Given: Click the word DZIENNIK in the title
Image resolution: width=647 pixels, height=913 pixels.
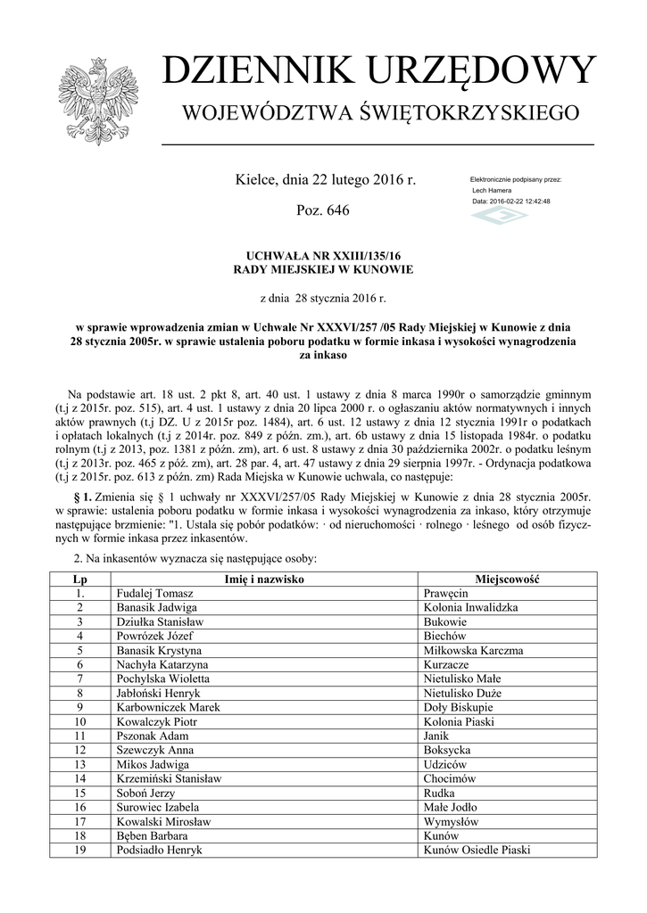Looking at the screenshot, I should coord(253,71).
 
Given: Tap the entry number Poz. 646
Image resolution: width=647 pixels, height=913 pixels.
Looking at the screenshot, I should coord(322,210).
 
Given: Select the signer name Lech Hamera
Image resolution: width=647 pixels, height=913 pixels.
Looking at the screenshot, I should coord(492,191).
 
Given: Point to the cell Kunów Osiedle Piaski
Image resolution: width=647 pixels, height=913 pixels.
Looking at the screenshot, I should coord(477,850).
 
